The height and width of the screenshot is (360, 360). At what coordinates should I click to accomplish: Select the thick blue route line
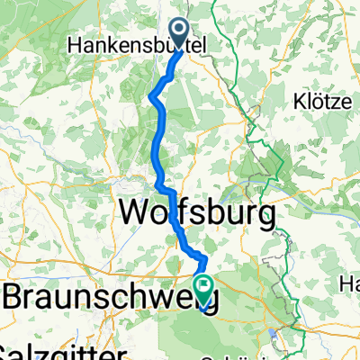(158, 135)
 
